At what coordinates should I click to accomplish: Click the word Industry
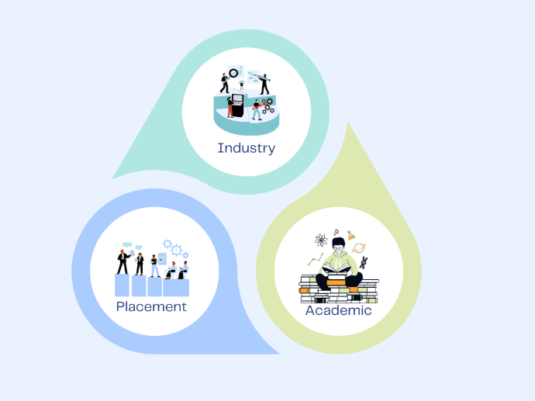tap(246, 147)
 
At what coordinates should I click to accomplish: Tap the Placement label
tap(151, 306)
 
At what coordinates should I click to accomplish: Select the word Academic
tap(338, 310)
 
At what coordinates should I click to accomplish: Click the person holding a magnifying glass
tap(226, 82)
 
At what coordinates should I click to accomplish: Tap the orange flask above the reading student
tap(350, 234)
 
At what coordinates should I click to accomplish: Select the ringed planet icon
tap(359, 248)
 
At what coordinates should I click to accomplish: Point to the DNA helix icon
tap(364, 262)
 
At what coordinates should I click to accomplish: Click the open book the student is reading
tap(338, 267)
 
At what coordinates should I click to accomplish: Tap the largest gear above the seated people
tap(176, 250)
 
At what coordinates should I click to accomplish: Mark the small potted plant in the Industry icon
tap(240, 85)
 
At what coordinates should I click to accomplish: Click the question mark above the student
tap(336, 232)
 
